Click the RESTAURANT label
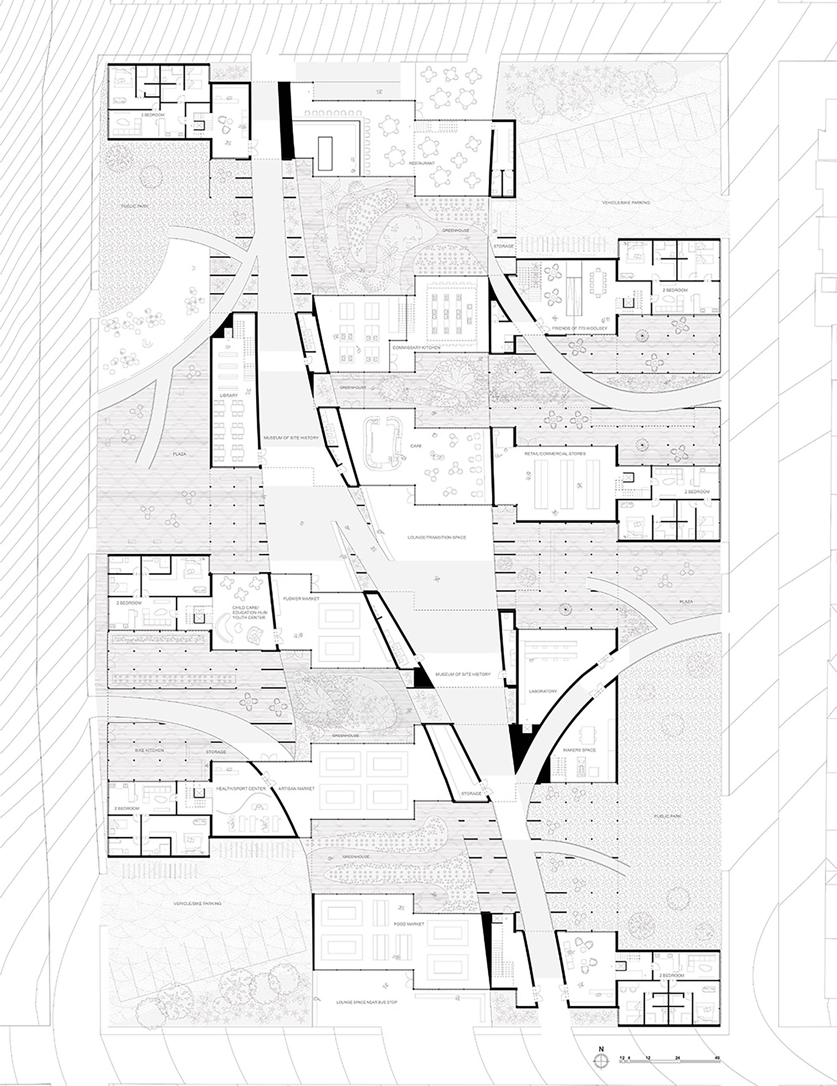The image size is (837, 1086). [x=422, y=163]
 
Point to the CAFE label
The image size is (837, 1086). [x=416, y=446]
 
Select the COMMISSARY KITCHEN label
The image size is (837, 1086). [x=416, y=348]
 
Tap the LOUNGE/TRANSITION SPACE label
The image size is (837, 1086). [x=437, y=538]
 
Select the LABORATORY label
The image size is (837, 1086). [x=543, y=691]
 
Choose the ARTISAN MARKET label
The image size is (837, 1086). [x=296, y=789]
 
